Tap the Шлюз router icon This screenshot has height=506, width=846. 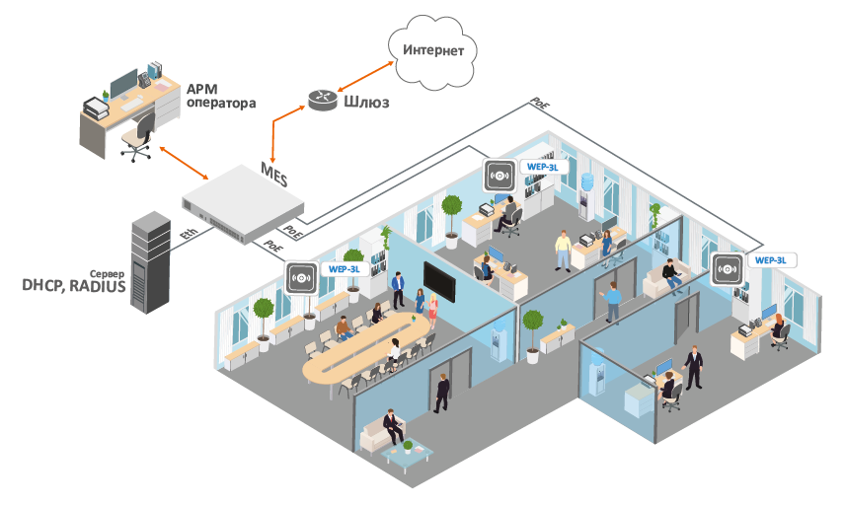click(x=322, y=99)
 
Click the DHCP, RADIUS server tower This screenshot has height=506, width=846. click(x=153, y=261)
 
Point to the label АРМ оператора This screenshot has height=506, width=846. click(x=220, y=96)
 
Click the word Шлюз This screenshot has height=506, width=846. click(x=367, y=101)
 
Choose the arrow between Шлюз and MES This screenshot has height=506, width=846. click(x=286, y=125)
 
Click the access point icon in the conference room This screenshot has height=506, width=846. click(x=301, y=277)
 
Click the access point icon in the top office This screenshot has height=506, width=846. click(x=499, y=176)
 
